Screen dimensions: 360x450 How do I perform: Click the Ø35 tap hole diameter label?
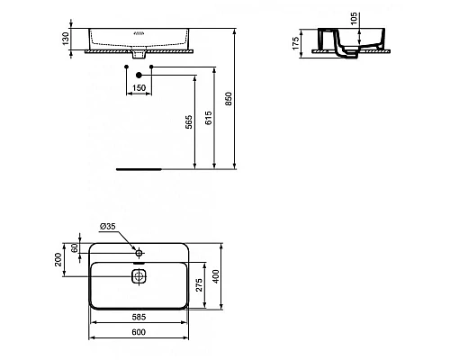(x=106, y=228)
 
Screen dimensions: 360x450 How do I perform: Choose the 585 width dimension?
(x=139, y=318)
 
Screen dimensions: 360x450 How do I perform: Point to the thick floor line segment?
(x=139, y=167)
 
